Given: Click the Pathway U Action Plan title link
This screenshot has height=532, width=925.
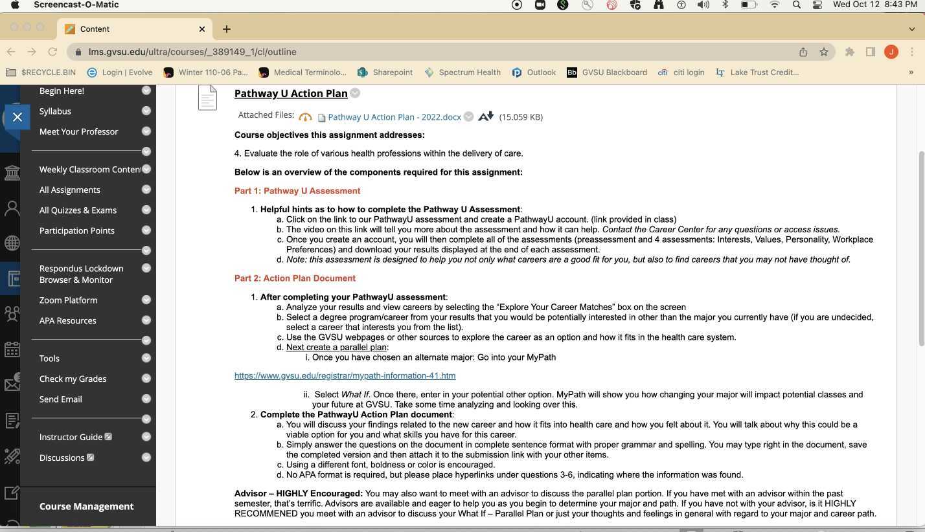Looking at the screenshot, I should (x=291, y=94).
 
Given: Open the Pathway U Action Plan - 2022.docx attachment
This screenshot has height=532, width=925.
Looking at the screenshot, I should (x=394, y=117).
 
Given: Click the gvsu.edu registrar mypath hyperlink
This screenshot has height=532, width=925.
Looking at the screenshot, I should (x=345, y=376).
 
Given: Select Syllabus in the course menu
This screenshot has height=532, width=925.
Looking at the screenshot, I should (x=55, y=111).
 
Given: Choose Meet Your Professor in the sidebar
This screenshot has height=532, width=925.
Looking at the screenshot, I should (x=78, y=131).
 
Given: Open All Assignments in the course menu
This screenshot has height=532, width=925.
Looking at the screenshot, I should (x=69, y=190).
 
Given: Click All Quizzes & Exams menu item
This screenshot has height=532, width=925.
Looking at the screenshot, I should (x=78, y=210).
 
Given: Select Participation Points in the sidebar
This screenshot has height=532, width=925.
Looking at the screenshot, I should (x=76, y=230).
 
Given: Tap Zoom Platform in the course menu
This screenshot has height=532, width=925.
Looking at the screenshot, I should (x=68, y=300).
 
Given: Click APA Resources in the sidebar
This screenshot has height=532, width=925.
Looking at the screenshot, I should (x=67, y=320).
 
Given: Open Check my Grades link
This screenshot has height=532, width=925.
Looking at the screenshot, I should (x=73, y=379).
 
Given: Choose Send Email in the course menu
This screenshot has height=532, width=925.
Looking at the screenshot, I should (x=60, y=399).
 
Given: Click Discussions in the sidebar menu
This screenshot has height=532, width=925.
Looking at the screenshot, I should (x=62, y=458).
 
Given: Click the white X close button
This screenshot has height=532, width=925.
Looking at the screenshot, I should (x=17, y=117).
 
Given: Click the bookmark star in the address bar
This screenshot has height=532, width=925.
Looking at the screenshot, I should (x=823, y=52).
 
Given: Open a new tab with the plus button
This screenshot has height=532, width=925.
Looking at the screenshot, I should (x=226, y=29).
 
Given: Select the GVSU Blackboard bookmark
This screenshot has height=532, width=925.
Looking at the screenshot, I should (x=607, y=72).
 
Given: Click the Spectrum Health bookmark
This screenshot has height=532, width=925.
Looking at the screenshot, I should (x=462, y=72).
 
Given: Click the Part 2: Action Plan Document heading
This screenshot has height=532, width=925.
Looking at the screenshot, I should (x=295, y=278).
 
